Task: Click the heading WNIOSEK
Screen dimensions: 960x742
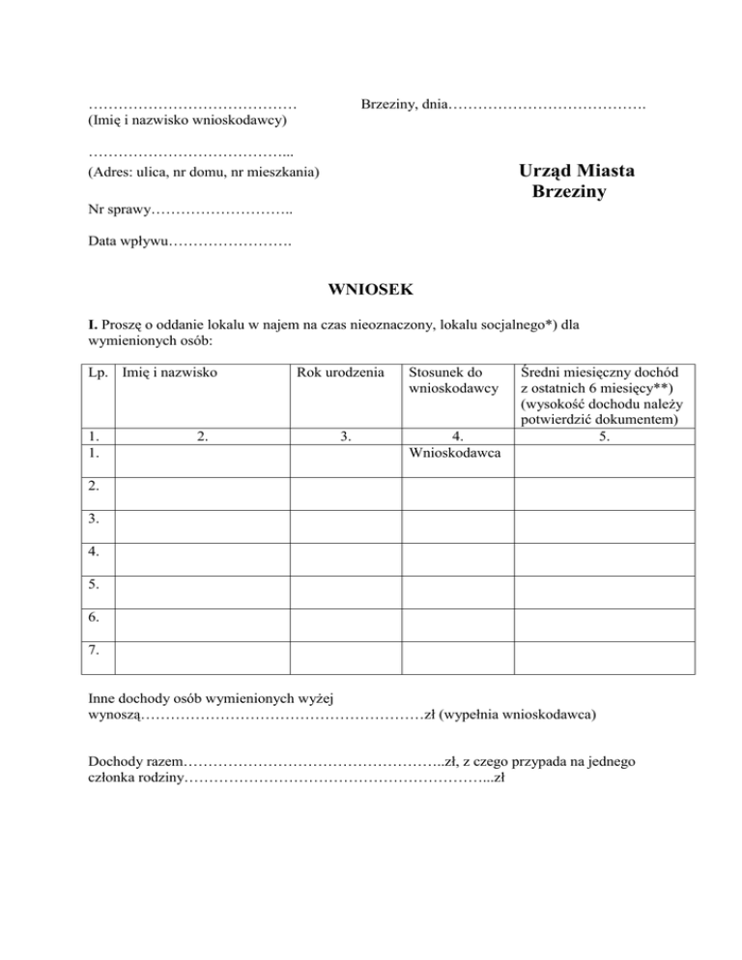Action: pyautogui.click(x=370, y=288)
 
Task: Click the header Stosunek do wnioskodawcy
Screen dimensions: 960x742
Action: pyautogui.click(x=453, y=379)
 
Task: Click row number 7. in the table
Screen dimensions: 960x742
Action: pyautogui.click(x=94, y=650)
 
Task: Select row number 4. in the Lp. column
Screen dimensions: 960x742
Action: pyautogui.click(x=94, y=551)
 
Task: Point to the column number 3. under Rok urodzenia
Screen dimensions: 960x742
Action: pyautogui.click(x=345, y=436)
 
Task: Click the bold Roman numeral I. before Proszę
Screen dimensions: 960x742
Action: pyautogui.click(x=92, y=325)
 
